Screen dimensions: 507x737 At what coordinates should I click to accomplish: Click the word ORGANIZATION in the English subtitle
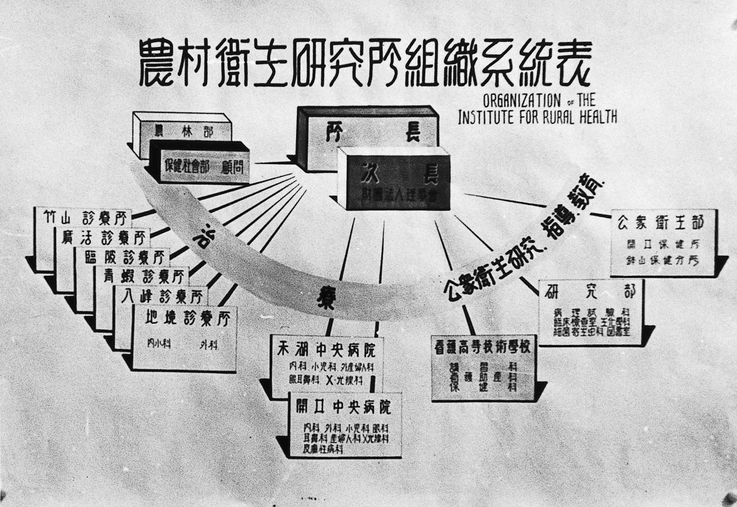[x=522, y=102]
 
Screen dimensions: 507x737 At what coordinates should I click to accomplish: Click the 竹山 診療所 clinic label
[x=84, y=219]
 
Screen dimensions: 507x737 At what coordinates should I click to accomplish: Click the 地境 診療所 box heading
[x=188, y=318]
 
